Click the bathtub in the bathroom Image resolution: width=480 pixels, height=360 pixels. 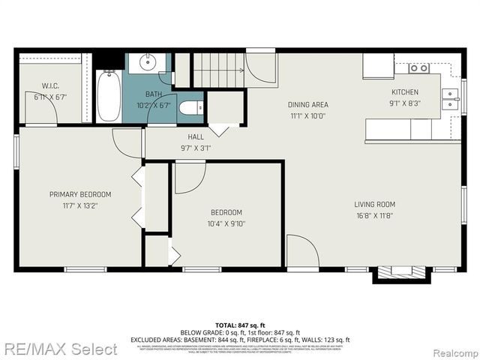pyautogui.click(x=109, y=95)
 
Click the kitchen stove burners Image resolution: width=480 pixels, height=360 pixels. pyautogui.click(x=418, y=68)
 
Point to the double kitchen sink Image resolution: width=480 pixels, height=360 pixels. pyautogui.click(x=450, y=99)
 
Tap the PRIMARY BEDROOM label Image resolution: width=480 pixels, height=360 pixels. pyautogui.click(x=80, y=194)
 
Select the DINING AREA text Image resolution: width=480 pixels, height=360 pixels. pyautogui.click(x=308, y=104)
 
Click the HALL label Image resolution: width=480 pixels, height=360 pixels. pyautogui.click(x=196, y=136)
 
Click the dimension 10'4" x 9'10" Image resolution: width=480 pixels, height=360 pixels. pyautogui.click(x=226, y=223)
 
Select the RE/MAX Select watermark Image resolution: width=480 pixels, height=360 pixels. pyautogui.click(x=60, y=349)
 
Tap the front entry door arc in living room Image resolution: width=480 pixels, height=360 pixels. pyautogui.click(x=301, y=250)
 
